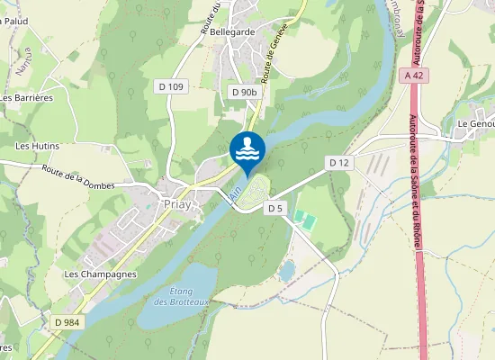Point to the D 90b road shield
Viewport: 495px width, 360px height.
(244, 92)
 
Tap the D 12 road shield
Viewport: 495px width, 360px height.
(338, 163)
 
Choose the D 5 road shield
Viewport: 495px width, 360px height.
(275, 208)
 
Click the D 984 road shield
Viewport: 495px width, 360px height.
(66, 322)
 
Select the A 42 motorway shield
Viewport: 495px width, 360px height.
(414, 76)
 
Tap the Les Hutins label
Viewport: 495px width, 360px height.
(36, 145)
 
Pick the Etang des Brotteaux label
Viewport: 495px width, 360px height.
(187, 295)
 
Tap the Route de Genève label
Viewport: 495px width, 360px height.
(277, 59)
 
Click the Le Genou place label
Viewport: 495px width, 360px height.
(474, 123)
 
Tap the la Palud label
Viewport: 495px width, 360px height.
(13, 20)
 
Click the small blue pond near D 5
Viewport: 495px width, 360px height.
(287, 270)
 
